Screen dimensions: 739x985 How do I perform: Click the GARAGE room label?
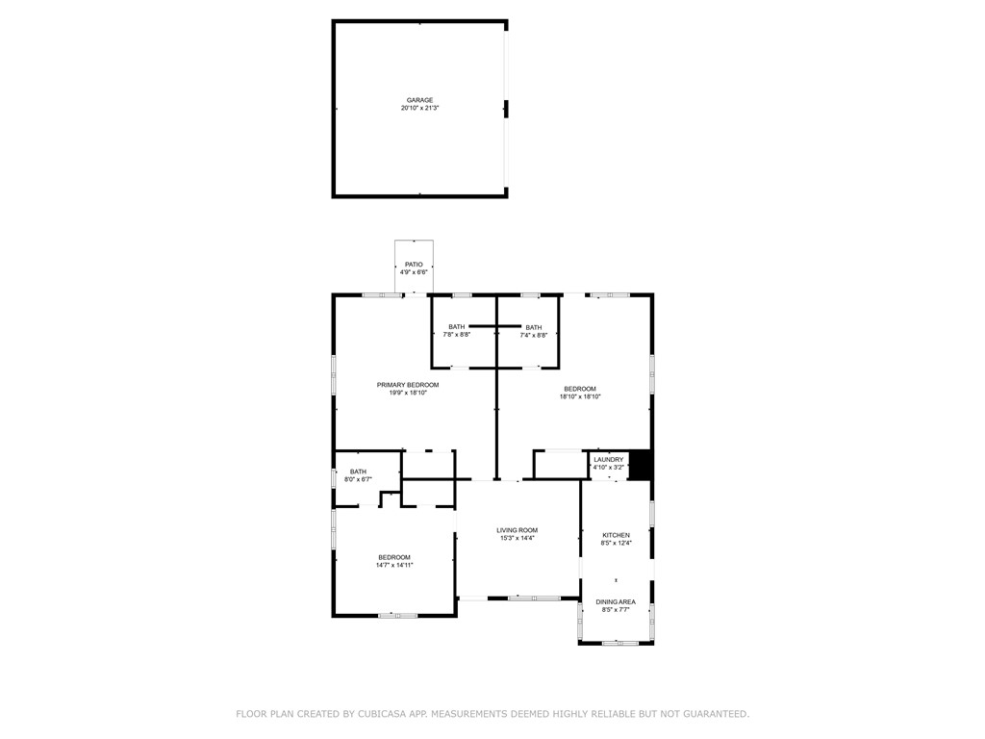click(x=419, y=100)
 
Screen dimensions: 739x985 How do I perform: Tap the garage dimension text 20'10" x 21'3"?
click(x=419, y=109)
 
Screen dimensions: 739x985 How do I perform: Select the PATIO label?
click(x=414, y=265)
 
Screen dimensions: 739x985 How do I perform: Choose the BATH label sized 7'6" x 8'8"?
click(x=456, y=327)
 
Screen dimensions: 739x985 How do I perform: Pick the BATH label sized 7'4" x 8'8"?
click(x=534, y=327)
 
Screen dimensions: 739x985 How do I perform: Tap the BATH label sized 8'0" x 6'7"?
click(x=358, y=471)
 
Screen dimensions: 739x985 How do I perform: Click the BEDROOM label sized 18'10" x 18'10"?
click(x=580, y=389)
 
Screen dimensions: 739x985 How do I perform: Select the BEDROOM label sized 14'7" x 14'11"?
click(x=394, y=557)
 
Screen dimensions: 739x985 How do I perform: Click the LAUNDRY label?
click(x=609, y=460)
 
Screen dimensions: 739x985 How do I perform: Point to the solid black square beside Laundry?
click(x=641, y=466)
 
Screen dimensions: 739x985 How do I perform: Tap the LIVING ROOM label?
click(x=517, y=530)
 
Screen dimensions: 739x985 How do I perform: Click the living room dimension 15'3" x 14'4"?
click(x=517, y=539)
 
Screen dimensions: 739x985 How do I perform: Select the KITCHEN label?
click(x=617, y=535)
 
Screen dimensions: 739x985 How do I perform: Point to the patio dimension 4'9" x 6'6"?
click(x=414, y=273)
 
